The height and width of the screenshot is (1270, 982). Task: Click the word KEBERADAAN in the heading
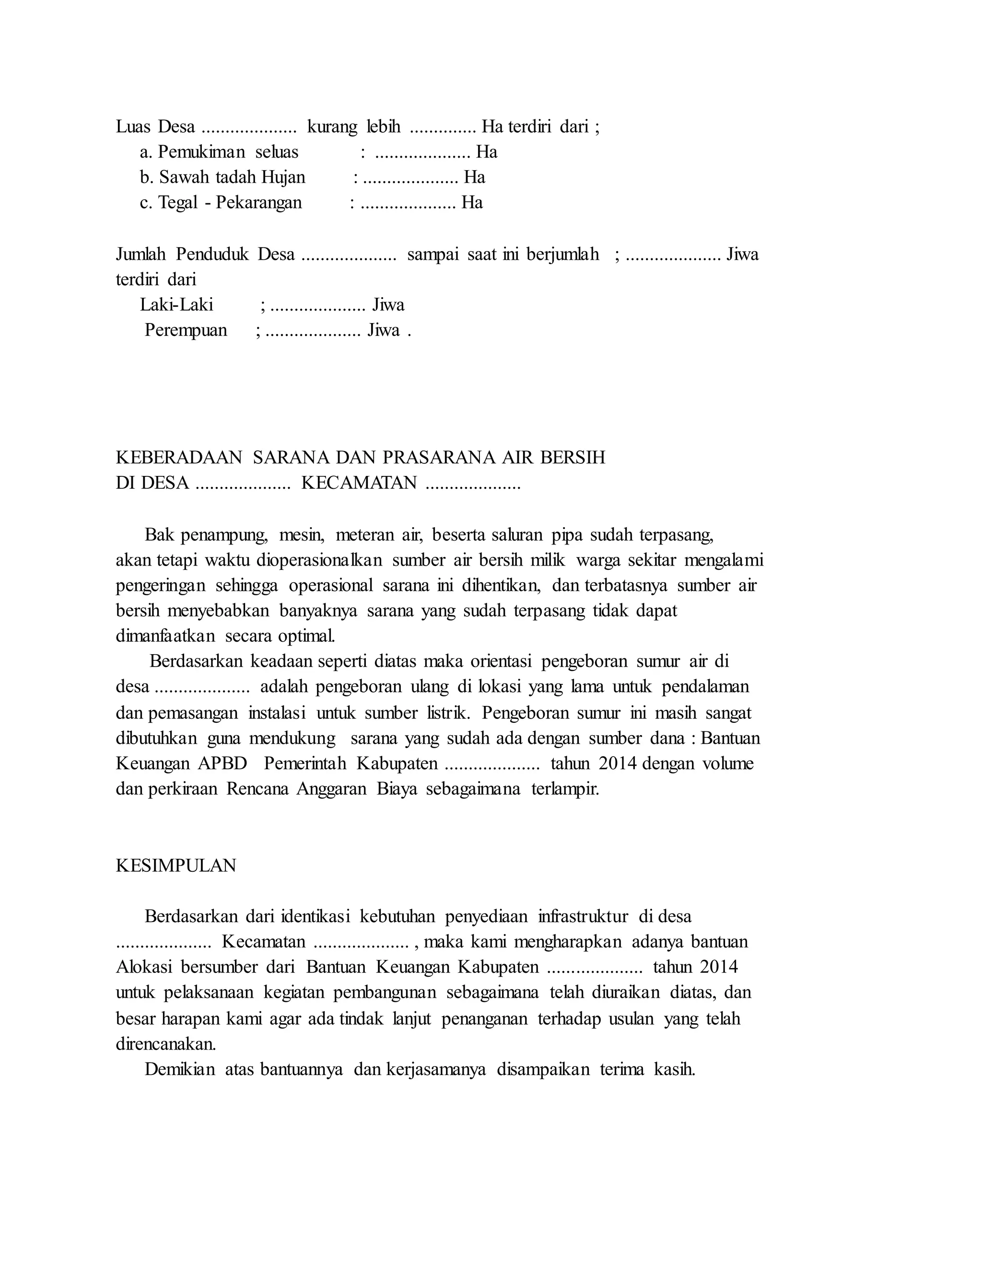178,458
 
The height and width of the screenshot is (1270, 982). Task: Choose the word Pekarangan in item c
259,203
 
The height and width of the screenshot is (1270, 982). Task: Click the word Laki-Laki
176,305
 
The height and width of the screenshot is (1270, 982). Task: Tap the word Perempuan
186,331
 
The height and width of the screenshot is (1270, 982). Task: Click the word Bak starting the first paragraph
159,534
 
